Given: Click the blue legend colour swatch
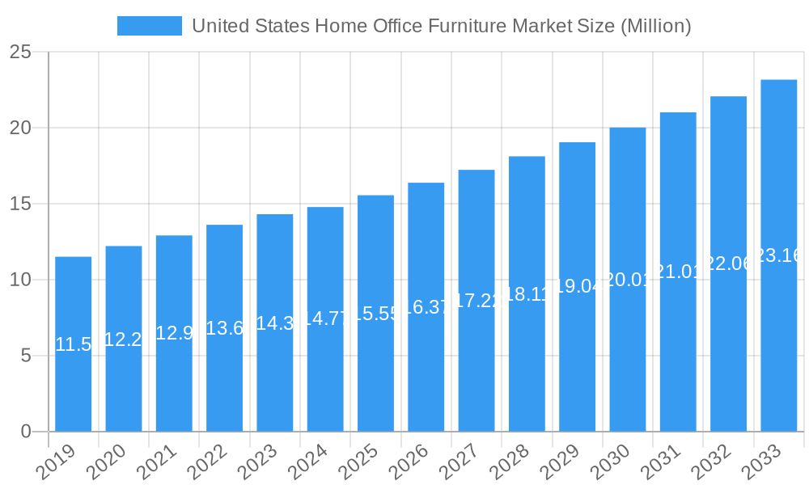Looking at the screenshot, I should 150,26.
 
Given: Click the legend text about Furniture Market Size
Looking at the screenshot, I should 441,26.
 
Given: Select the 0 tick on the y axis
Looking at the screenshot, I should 26,432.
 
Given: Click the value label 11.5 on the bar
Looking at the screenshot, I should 73,344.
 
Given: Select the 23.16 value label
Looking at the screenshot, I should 778,255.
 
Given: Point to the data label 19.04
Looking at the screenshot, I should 577,286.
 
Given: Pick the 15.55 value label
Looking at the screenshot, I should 375,314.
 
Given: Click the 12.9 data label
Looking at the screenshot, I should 174,333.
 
